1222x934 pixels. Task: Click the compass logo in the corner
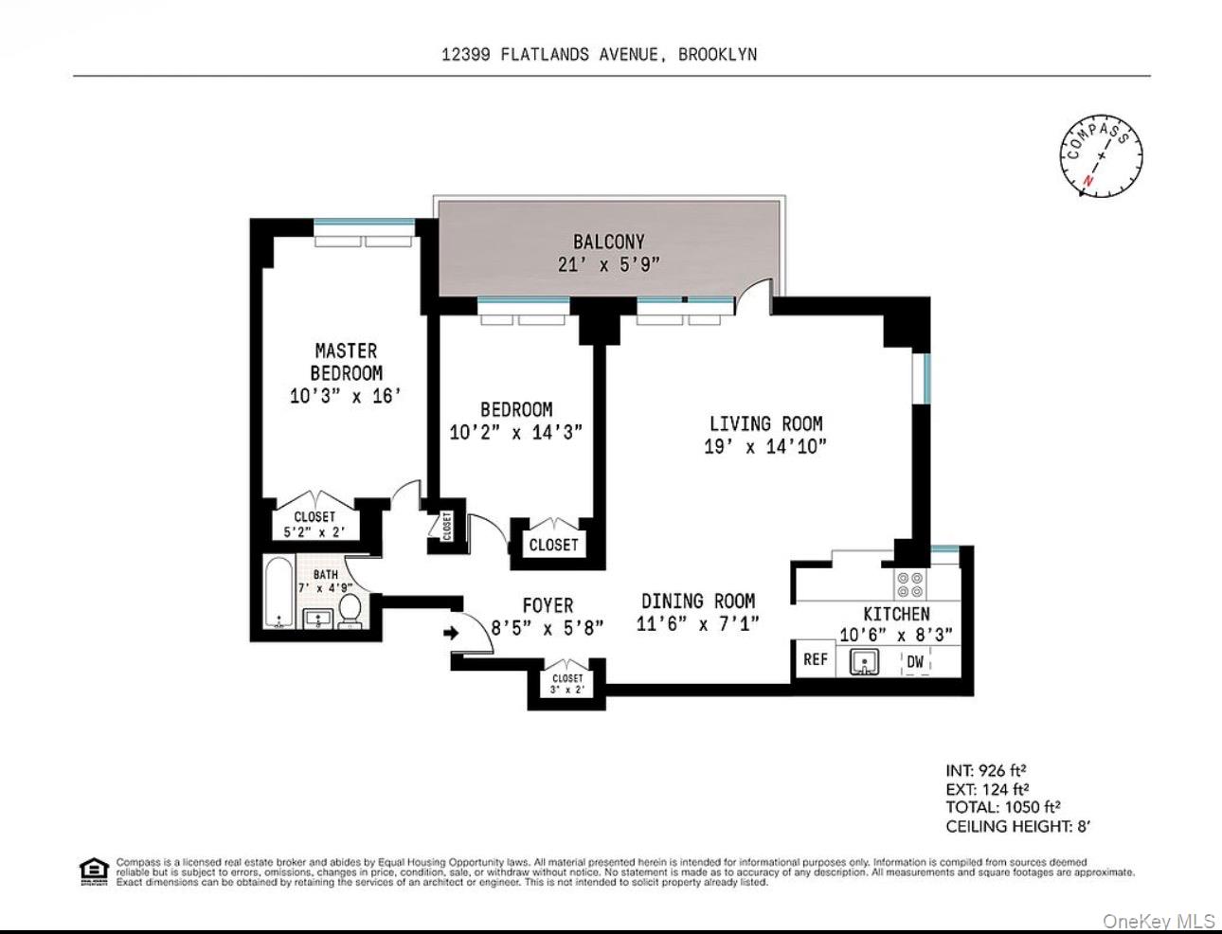1101,155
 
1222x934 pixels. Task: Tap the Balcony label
608,242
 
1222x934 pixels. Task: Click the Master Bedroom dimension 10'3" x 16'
346,396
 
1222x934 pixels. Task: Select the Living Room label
765,423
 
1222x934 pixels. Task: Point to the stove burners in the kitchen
910,584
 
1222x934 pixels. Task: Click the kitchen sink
864,662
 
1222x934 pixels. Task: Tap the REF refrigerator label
815,659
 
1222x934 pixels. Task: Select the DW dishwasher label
915,661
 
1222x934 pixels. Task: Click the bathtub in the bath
279,594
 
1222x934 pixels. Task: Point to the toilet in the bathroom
350,611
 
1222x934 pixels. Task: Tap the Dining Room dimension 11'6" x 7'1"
698,624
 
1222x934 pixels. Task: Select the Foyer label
548,604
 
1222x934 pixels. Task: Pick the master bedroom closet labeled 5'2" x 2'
314,524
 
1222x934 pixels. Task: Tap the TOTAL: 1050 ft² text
1002,807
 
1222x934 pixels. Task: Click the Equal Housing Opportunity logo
94,871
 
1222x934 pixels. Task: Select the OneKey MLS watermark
1159,920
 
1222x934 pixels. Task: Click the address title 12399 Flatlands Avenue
599,54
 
